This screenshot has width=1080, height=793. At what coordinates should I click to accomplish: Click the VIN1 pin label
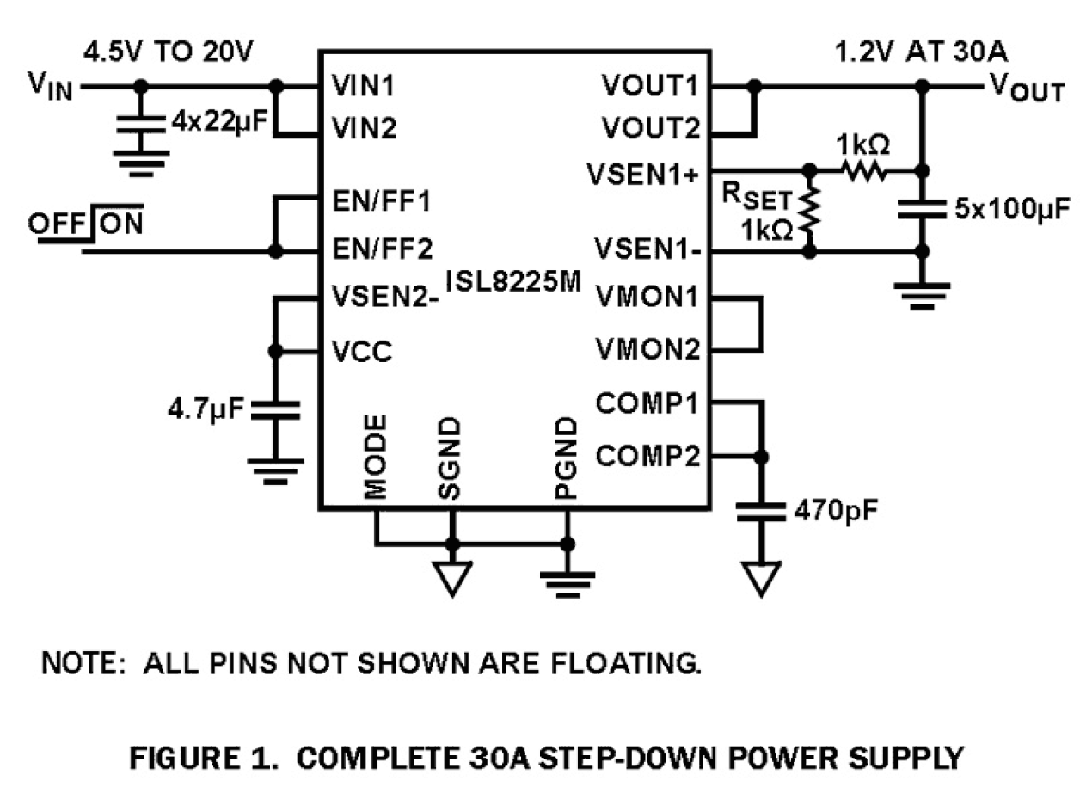[x=364, y=86]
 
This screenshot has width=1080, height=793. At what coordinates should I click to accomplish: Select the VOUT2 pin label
[x=650, y=130]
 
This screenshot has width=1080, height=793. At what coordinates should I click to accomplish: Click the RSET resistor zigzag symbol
[x=808, y=211]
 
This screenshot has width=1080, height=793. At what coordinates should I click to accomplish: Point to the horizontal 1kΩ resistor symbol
[x=862, y=169]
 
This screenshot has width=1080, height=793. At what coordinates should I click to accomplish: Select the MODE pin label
[x=375, y=457]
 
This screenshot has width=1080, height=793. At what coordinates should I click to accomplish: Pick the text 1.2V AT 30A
[x=923, y=53]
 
